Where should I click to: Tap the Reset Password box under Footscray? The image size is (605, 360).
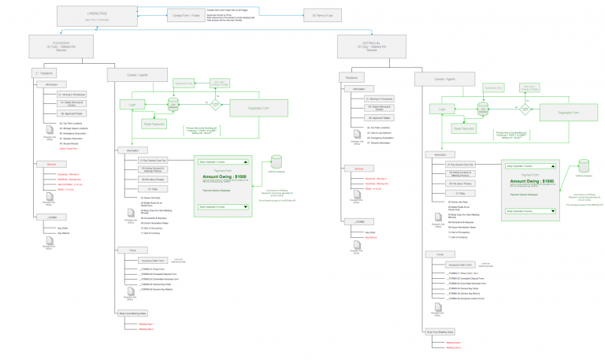click(154, 124)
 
